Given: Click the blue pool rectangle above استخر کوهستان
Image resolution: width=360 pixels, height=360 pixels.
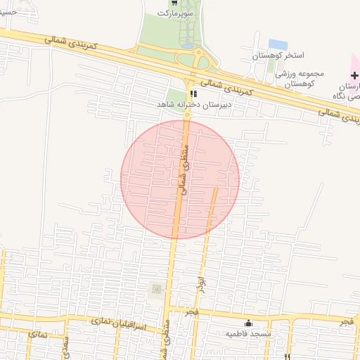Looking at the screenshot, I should [x=277, y=44].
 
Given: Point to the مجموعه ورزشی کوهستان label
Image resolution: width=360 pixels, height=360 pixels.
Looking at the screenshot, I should [x=288, y=78].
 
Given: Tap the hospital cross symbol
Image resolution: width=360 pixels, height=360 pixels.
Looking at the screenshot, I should [x=354, y=75].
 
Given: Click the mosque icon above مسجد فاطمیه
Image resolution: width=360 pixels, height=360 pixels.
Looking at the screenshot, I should [x=247, y=323].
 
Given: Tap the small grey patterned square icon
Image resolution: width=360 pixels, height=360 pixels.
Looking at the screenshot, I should [x=156, y=289].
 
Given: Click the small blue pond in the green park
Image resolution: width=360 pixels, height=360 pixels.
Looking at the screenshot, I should [x=188, y=46].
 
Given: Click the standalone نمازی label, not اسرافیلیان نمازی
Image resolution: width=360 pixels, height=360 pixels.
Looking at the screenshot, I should [x=39, y=335].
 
